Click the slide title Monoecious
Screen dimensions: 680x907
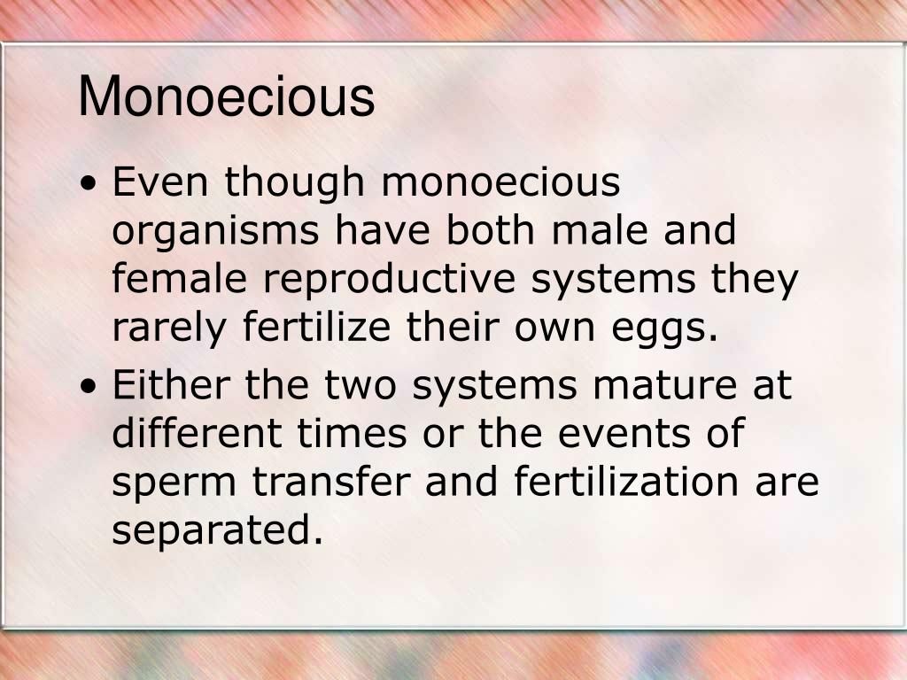[x=227, y=97]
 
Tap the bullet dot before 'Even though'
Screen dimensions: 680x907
[x=89, y=185]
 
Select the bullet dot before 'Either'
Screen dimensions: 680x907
[x=89, y=388]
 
